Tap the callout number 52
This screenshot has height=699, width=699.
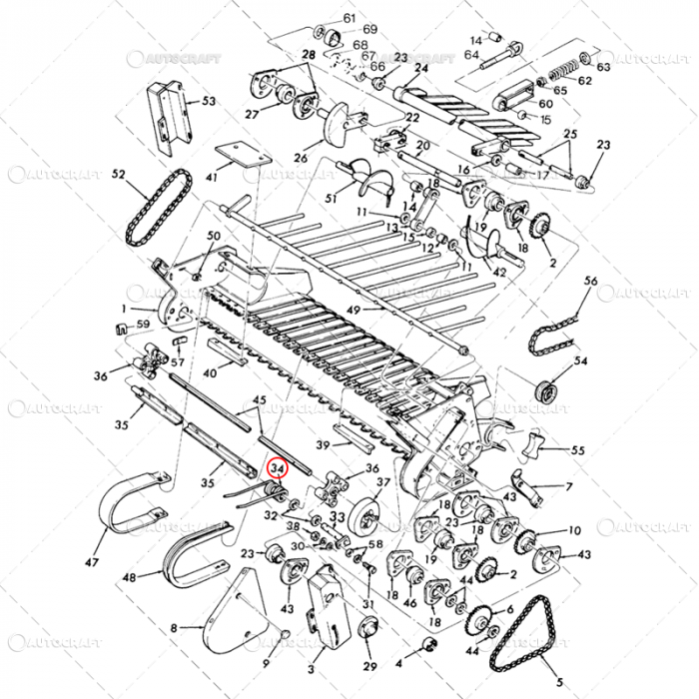118,175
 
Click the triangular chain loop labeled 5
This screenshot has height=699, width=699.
529,639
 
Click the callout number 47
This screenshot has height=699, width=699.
93,563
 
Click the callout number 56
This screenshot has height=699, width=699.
591,283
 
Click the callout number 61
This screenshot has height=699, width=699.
349,18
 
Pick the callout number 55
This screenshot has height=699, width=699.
577,450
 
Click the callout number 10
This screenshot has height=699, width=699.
574,530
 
